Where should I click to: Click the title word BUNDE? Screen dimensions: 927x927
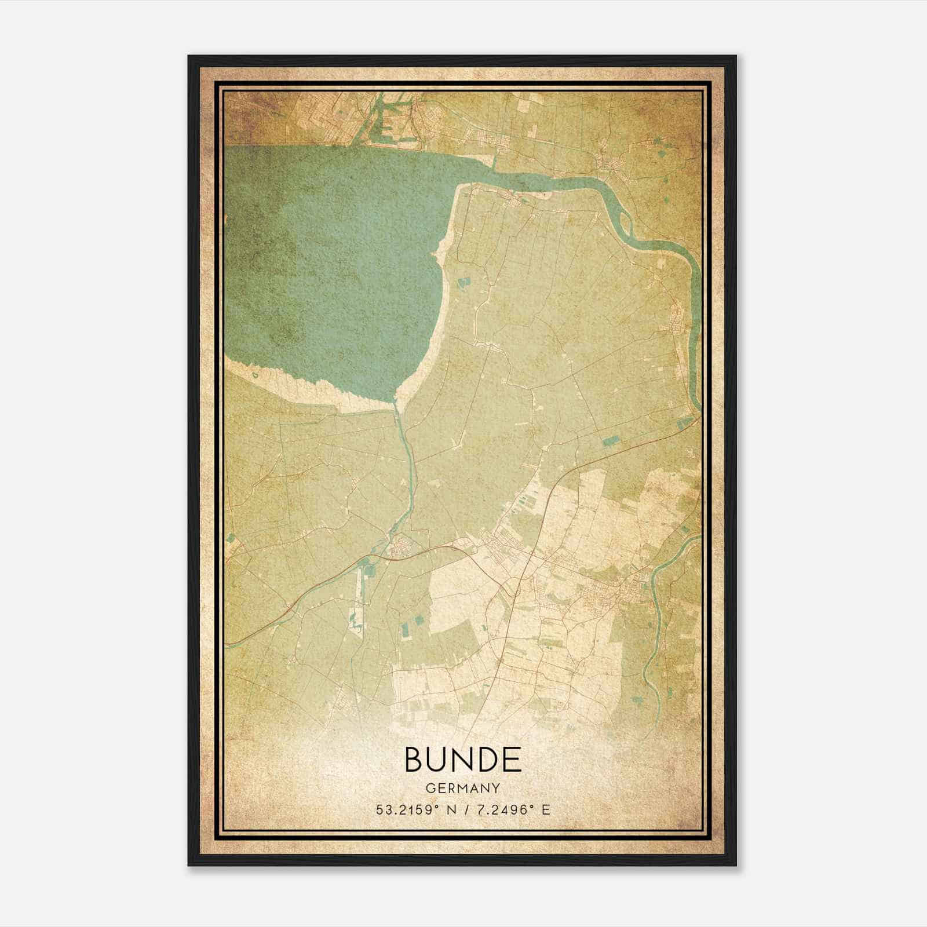(462, 759)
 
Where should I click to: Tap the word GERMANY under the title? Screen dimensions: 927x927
(462, 789)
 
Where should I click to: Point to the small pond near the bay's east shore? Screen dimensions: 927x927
(463, 284)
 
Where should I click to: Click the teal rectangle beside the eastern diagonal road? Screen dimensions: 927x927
(610, 441)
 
